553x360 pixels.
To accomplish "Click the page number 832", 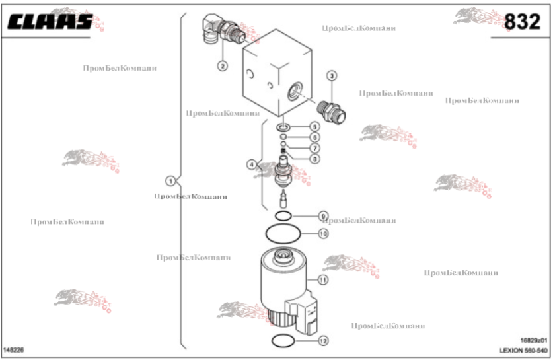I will click(522, 22).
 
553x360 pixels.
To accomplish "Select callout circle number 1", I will click(170, 180).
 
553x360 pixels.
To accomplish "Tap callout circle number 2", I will click(223, 65).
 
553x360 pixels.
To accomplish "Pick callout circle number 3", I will click(332, 76).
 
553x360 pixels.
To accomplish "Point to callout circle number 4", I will click(252, 164).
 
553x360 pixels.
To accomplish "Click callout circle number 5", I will click(315, 127).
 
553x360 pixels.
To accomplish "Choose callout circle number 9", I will click(323, 216).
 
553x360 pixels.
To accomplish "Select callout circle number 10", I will click(323, 233).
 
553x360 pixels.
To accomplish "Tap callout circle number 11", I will click(323, 280).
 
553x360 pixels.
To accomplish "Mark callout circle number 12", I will click(323, 342).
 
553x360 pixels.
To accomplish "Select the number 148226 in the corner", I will click(15, 348).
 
